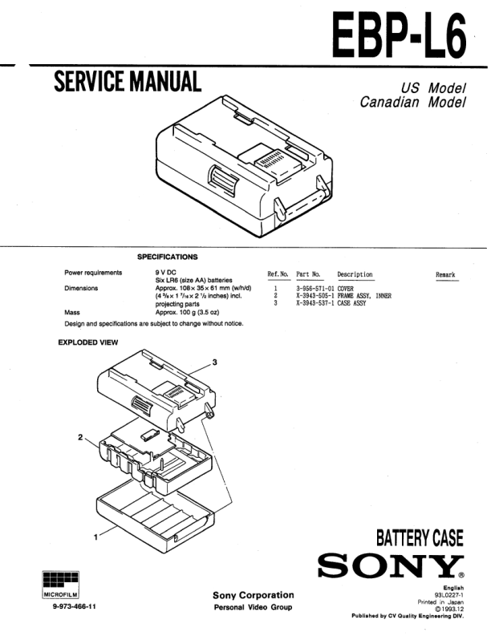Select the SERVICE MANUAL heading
(x=127, y=83)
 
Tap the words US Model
(x=434, y=88)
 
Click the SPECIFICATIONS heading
(x=167, y=257)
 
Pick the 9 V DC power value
(x=167, y=273)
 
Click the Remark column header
(x=445, y=274)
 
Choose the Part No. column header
(x=309, y=274)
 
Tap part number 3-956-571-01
(x=316, y=287)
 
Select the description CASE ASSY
(x=355, y=303)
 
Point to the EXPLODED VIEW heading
(x=88, y=342)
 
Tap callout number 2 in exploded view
(x=79, y=437)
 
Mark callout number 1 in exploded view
(x=98, y=537)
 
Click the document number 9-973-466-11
(x=75, y=606)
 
